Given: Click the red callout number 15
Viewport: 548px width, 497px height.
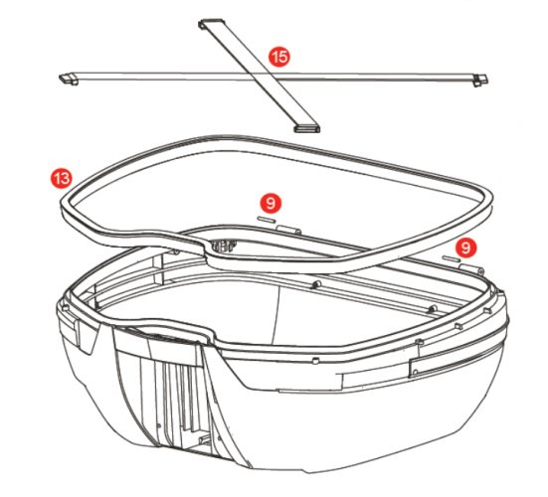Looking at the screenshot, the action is pos(279,57).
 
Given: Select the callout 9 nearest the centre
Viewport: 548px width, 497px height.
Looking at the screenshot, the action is pos(271,203).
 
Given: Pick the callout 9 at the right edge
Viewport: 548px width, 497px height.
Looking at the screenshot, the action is pos(465,248).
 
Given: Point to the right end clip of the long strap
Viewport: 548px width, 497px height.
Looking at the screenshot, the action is pos(480,80).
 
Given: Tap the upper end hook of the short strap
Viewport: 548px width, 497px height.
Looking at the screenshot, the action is pos(210,23).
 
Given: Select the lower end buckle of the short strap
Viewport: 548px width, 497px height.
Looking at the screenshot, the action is pos(307,129).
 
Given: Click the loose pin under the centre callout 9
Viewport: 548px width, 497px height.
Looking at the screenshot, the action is pos(266,220).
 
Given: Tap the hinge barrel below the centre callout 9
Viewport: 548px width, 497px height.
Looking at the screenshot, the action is pos(288,230).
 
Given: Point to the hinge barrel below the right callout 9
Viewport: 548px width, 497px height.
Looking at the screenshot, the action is pos(471,268).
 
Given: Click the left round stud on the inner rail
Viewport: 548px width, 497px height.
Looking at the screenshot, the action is pos(317,284).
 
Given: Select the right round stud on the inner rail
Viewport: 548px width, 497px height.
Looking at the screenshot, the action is pos(433,309).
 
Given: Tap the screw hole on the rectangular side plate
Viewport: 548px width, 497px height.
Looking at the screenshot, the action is pos(415,373).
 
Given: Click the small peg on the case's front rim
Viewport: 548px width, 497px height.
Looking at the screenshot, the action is pos(315,360).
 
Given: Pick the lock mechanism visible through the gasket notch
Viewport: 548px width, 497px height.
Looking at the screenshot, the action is pos(222,247).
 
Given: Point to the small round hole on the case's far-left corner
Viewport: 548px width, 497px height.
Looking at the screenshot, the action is pos(65,307).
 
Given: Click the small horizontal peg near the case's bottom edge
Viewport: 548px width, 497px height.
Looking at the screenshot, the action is pos(204,439).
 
